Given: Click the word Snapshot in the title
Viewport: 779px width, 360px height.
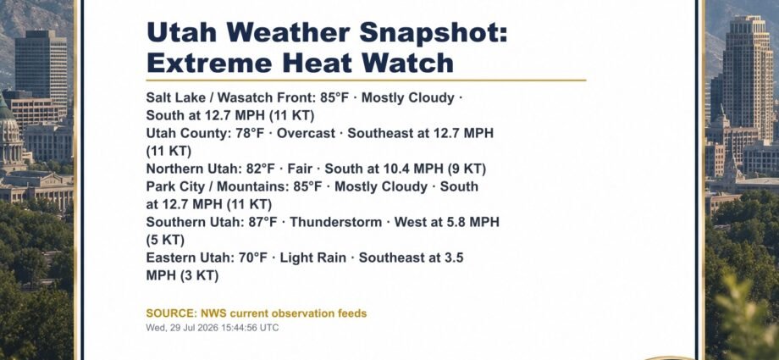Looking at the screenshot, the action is point(434,34).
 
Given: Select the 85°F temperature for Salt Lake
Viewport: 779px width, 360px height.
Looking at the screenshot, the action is point(334,97).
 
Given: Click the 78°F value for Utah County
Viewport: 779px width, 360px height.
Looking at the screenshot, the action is point(250,133).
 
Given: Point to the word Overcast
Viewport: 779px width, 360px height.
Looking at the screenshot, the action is point(306,133).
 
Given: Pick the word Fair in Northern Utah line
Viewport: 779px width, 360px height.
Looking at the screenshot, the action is point(300,169).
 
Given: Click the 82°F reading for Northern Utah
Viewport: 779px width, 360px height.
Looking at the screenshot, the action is point(261,169).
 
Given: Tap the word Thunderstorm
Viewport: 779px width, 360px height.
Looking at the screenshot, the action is point(336,222).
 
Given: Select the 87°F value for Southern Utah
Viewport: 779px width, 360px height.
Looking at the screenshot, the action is point(262,222).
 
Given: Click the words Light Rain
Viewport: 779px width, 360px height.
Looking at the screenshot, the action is point(313,258).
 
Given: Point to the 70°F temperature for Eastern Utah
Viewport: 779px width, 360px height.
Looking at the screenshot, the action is point(253,258).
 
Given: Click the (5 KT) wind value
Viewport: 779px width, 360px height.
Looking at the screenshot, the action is point(165,241).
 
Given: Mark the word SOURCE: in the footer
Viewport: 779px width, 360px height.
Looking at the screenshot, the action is point(171,313).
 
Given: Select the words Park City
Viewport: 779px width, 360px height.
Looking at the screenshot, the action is point(171,187).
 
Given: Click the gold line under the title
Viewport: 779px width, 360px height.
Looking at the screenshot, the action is point(366,80).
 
